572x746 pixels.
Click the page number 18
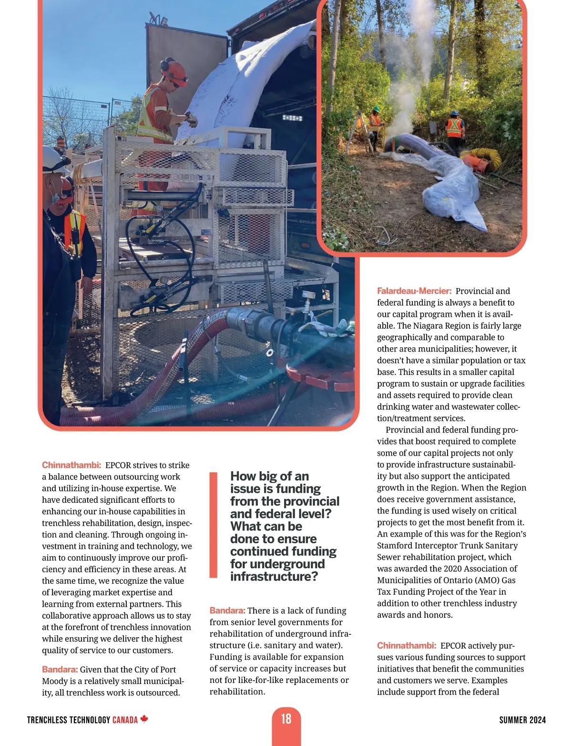click(286, 719)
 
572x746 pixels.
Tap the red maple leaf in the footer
click(144, 719)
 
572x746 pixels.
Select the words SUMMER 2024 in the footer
click(522, 720)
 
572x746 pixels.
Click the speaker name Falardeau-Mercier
click(414, 291)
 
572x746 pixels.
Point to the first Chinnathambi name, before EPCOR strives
click(71, 465)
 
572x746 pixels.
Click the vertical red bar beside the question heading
click(214, 525)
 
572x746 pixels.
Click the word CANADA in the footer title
click(125, 720)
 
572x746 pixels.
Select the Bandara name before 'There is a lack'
click(227, 611)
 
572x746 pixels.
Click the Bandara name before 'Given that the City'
click(60, 670)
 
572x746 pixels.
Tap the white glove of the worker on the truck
click(192, 119)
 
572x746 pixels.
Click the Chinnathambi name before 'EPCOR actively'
click(406, 646)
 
